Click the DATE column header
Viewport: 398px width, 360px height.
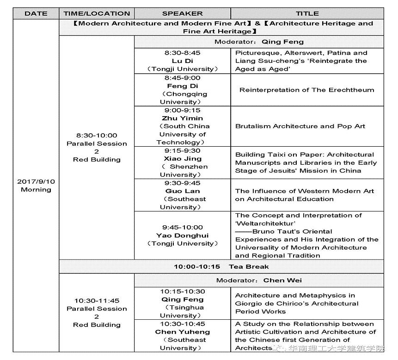click(x=36, y=13)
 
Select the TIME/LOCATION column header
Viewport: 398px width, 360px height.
click(x=97, y=13)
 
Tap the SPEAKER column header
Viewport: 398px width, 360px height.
click(x=182, y=13)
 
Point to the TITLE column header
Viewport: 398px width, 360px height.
click(x=307, y=13)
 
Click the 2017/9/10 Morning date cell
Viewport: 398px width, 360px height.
click(x=36, y=186)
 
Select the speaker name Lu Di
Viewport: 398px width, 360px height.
click(x=182, y=61)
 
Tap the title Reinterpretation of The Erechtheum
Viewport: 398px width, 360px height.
click(x=306, y=90)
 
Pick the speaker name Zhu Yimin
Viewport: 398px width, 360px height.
click(x=182, y=118)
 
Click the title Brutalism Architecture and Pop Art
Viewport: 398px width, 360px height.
click(x=300, y=126)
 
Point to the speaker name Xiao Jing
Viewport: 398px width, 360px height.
click(x=182, y=158)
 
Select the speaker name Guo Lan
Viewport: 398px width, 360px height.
click(x=182, y=191)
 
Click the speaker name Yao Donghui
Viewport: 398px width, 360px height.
click(x=182, y=235)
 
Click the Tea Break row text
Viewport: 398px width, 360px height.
click(x=221, y=267)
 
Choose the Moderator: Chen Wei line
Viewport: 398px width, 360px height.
click(x=259, y=280)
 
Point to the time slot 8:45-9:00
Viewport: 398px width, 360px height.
click(x=182, y=78)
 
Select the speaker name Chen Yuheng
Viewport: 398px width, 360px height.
click(x=182, y=332)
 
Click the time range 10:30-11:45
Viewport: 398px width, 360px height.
click(x=97, y=300)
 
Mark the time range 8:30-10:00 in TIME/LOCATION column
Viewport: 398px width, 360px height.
click(x=97, y=135)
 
